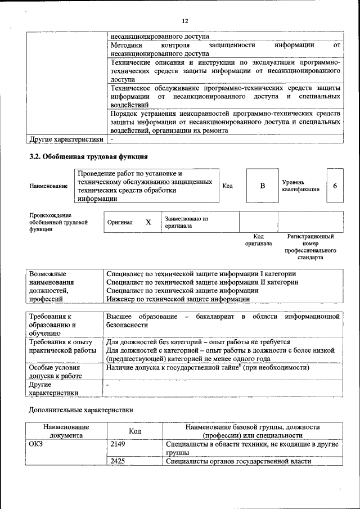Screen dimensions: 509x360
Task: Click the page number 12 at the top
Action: (184, 21)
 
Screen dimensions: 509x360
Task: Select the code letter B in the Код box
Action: (262, 186)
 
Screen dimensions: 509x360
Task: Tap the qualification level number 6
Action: (335, 186)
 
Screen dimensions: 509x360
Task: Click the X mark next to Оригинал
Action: (148, 222)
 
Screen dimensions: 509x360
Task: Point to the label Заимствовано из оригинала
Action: (187, 222)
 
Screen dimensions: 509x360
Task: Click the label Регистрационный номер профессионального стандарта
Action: (311, 247)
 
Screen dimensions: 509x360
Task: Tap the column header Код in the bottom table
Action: (134, 431)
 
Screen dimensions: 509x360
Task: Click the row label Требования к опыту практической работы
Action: (62, 346)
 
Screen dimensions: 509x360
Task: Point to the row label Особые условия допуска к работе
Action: (56, 371)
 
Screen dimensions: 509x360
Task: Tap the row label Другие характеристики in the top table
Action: (66, 138)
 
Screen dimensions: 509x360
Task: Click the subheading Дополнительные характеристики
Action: (81, 411)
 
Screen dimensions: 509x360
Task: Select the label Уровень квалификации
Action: (300, 186)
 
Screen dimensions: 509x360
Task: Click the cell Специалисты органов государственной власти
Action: (238, 461)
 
